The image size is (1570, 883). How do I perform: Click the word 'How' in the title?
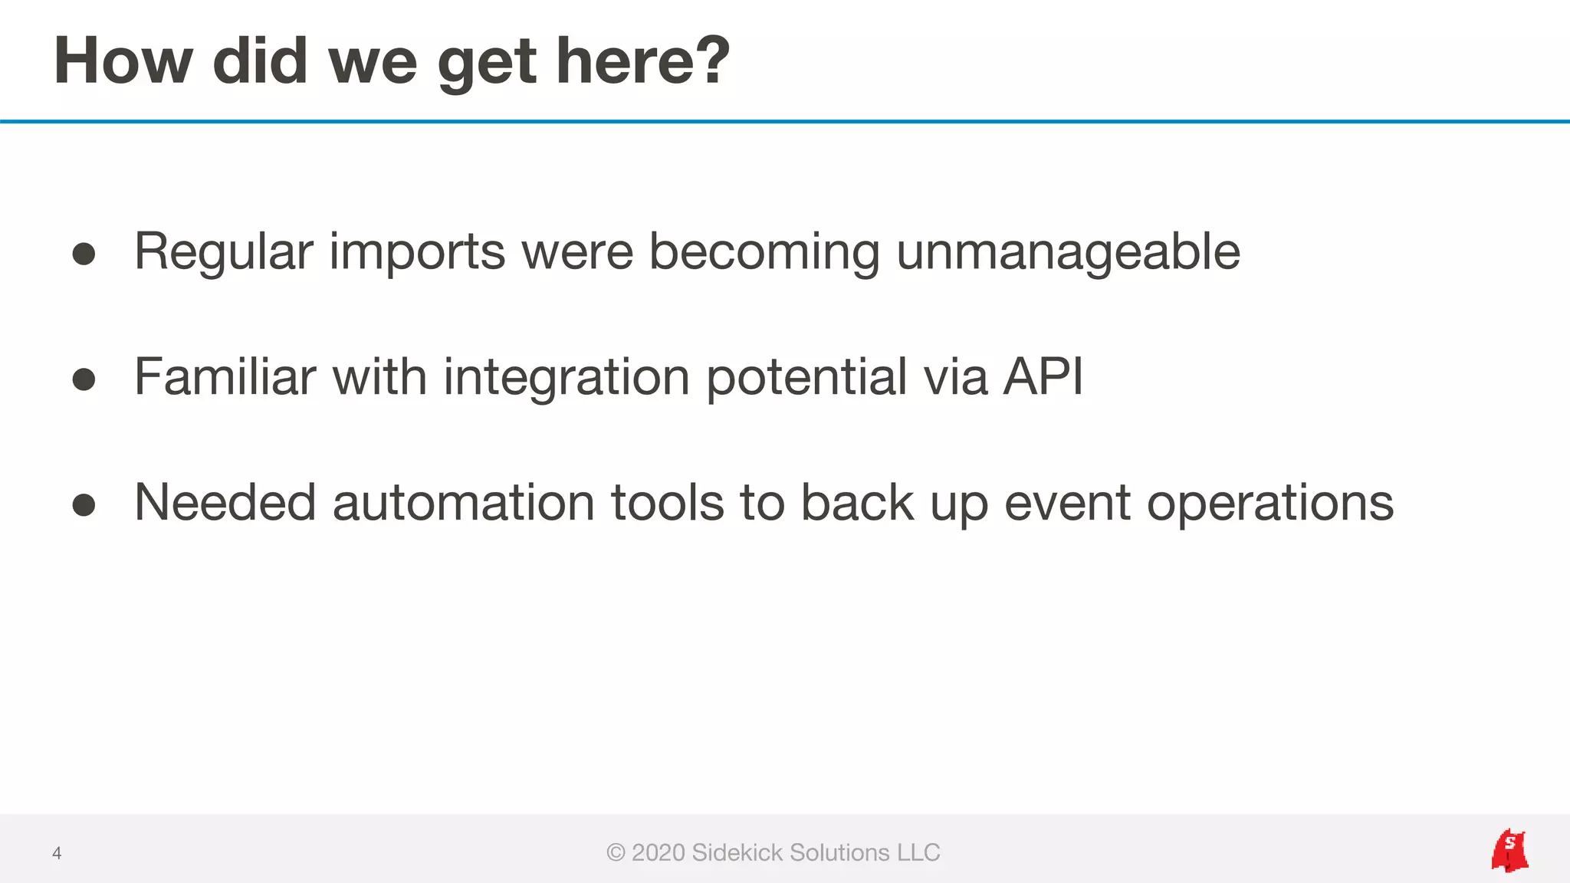123,61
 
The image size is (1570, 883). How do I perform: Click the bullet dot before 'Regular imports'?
84,254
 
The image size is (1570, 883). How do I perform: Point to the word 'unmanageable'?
1068,252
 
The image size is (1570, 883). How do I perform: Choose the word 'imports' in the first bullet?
417,254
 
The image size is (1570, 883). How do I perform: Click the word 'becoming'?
764,254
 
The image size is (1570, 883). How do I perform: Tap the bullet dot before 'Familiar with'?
84,379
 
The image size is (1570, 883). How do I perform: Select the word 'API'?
1043,377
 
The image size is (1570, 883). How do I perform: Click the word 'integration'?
567,379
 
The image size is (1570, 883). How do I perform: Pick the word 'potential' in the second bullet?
806,379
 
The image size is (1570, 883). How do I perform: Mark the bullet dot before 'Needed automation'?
84,504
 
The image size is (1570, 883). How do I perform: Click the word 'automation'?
463,504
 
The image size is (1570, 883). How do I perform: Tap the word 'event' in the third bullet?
1067,504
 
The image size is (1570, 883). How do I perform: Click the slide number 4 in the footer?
57,853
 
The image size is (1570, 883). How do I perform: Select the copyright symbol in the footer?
616,852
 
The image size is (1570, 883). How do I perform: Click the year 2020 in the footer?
658,852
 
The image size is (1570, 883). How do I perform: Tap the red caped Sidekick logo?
1509,850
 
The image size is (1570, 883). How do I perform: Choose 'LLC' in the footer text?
918,852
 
